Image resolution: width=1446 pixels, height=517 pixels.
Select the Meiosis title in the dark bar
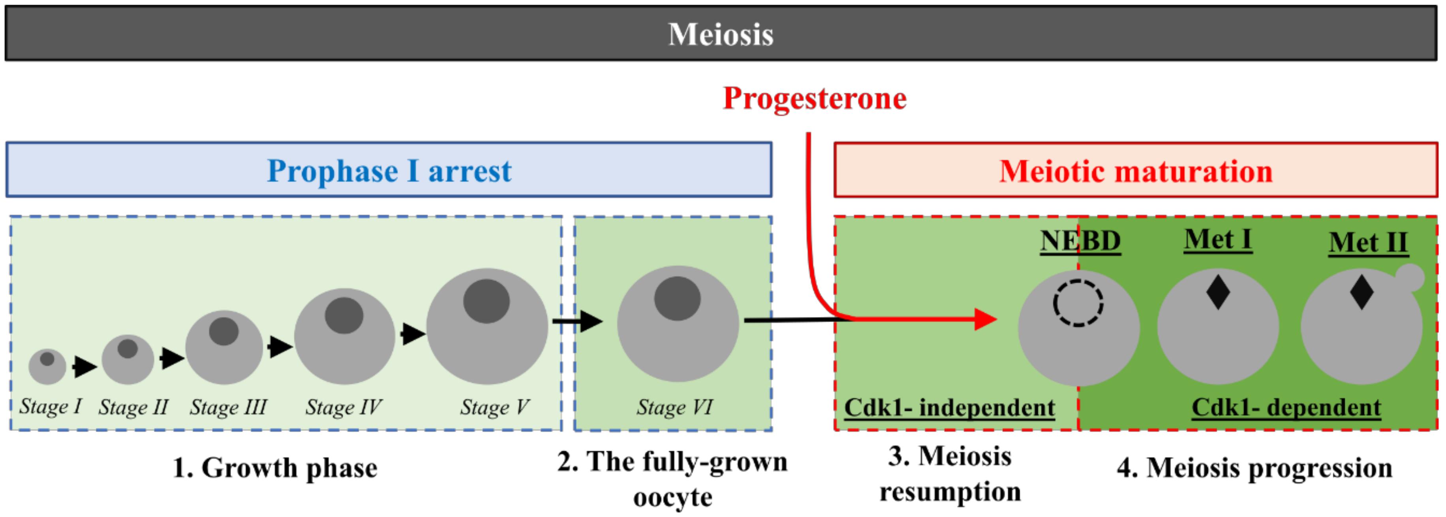(721, 34)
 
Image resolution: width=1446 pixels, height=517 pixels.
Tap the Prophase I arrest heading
(389, 171)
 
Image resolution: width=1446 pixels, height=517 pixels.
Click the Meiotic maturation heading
(1136, 171)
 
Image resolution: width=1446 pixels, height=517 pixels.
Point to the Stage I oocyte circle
(47, 366)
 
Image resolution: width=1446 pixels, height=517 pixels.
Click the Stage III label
(228, 407)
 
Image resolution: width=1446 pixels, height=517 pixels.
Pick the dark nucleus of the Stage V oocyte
(486, 301)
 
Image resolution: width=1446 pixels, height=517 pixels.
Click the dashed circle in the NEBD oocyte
(1078, 303)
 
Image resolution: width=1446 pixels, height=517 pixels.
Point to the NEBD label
(1080, 241)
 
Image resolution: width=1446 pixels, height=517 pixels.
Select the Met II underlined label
(1368, 243)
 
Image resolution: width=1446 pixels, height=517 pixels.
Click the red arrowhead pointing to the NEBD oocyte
(985, 319)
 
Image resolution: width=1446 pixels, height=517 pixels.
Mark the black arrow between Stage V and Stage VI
(578, 321)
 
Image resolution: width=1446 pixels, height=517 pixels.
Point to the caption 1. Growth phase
(275, 468)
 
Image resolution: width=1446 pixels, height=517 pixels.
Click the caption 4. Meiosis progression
(1254, 468)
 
